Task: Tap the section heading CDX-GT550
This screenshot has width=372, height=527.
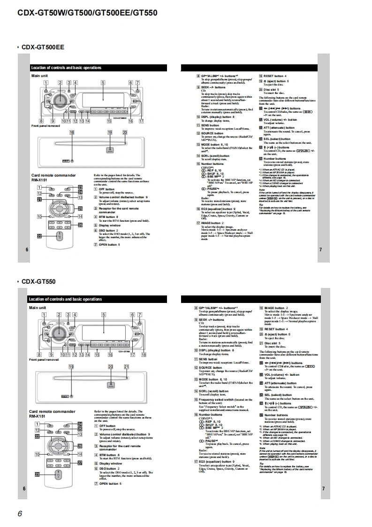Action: click(38, 281)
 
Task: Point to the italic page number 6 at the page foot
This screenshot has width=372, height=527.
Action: click(20, 513)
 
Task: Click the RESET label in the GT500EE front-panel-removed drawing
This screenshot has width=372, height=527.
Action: click(66, 160)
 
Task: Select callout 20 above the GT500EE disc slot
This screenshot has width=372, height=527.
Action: click(125, 133)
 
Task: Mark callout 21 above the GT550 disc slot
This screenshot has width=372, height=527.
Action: click(126, 366)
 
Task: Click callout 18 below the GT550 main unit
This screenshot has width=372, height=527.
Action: click(144, 355)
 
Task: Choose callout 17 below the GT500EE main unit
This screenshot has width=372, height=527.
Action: click(141, 121)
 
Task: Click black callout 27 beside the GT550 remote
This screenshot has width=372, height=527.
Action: click(80, 463)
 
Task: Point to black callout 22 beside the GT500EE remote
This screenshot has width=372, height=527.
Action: click(40, 236)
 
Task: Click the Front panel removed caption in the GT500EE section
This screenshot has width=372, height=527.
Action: click(46, 126)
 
